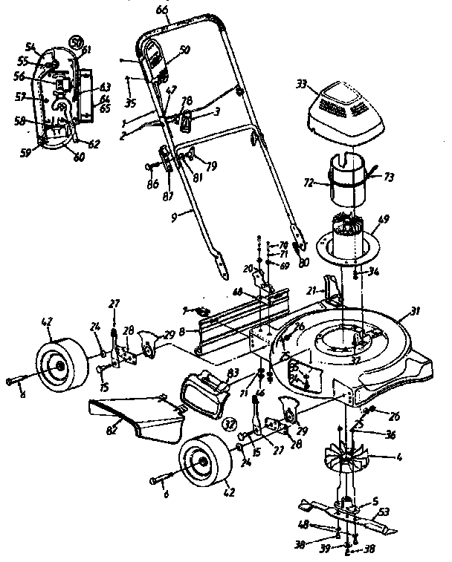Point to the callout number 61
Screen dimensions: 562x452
[87, 50]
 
